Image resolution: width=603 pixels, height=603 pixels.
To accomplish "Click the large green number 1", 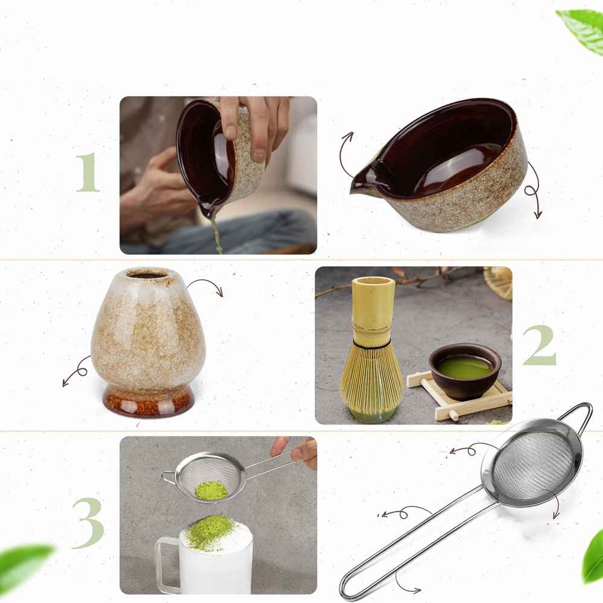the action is [88, 172].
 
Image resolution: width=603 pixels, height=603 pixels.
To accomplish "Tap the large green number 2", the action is [540, 345].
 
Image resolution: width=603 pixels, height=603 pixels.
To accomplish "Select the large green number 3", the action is [89, 523].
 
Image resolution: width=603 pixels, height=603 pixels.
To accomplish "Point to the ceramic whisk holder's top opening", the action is [148, 274].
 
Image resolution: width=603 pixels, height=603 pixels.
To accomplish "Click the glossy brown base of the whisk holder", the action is [148, 402].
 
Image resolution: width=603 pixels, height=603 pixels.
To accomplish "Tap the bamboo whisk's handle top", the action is [373, 281].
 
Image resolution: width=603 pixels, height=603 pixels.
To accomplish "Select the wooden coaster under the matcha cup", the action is [460, 397].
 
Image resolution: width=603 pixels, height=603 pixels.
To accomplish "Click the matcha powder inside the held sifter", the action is [211, 491].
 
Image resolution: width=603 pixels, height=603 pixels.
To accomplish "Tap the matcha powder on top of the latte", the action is [210, 532].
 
